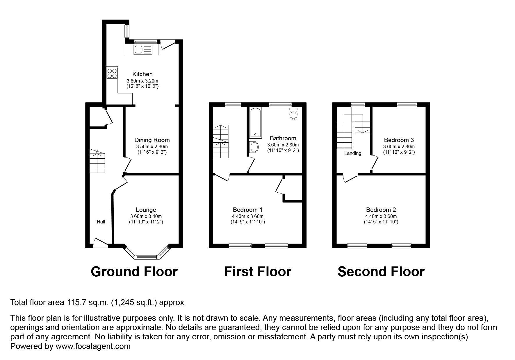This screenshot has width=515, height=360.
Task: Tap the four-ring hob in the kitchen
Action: (112, 73)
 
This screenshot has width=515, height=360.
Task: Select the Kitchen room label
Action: (142, 74)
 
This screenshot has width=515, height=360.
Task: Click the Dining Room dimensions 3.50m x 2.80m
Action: (152, 147)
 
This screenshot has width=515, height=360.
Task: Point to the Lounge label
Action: (146, 210)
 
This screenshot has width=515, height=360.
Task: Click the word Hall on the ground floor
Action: (101, 222)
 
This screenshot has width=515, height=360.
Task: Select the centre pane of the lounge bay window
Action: (147, 257)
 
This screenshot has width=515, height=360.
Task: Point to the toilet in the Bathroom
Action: (294, 114)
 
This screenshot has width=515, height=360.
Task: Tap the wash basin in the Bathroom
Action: (254, 147)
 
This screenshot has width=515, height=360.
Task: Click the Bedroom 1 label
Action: (248, 210)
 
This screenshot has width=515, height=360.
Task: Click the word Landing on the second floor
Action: (353, 153)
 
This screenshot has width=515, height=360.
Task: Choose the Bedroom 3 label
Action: (399, 140)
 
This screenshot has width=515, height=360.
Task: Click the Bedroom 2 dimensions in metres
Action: (381, 216)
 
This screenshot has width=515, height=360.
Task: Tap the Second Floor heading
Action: (381, 272)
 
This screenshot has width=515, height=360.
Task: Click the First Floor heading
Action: (257, 272)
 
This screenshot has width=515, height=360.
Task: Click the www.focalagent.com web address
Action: (93, 346)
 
